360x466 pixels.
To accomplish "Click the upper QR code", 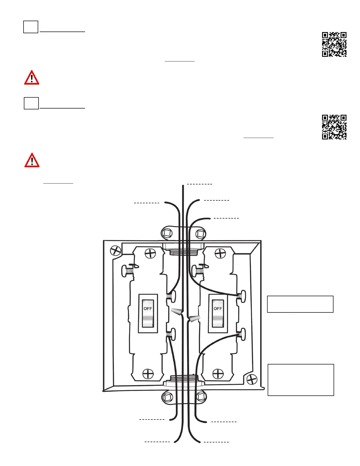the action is point(334,44).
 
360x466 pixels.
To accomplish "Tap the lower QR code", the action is point(334,127).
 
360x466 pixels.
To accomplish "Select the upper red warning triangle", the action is point(32,78).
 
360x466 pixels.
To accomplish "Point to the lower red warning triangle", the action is point(32,160).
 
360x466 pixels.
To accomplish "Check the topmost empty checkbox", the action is point(31,27).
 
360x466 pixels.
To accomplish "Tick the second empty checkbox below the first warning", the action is point(31,103).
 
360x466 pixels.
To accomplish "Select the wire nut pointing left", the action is point(177,312).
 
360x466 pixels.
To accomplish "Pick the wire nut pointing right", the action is point(194,319).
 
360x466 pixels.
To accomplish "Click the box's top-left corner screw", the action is point(116,251).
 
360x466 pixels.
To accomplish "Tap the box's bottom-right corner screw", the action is point(252,379).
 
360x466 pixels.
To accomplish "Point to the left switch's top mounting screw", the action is point(150,253).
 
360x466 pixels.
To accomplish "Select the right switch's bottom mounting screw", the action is point(218,374).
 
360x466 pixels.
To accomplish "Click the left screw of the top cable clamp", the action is point(167,234).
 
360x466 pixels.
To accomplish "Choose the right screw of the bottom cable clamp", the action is point(201,397).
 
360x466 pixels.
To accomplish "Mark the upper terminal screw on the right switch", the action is point(242,295).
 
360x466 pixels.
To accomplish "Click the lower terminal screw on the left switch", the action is point(171,334).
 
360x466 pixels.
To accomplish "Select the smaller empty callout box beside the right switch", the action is point(300,304).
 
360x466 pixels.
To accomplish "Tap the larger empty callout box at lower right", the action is point(301,380).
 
